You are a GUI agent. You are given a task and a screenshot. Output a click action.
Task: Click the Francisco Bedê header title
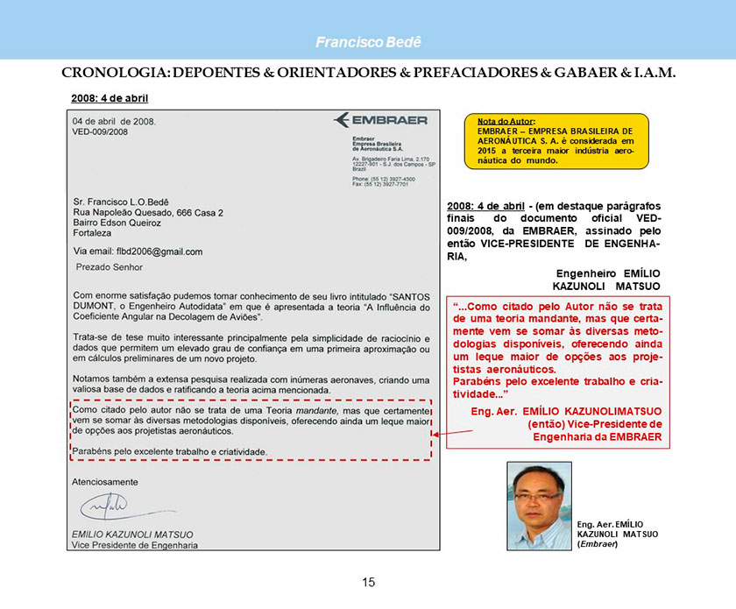368,42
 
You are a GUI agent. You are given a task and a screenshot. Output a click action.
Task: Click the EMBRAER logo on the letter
380,120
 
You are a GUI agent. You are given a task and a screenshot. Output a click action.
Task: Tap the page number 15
368,583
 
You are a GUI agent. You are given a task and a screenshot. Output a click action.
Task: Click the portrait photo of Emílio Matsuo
539,506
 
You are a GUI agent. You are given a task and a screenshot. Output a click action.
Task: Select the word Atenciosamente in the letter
106,481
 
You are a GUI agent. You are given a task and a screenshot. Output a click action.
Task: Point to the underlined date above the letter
109,97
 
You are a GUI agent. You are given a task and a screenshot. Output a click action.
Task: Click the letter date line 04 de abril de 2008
114,120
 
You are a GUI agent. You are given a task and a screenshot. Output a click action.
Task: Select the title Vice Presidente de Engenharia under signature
135,545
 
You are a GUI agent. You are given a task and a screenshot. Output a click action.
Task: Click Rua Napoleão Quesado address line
148,213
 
